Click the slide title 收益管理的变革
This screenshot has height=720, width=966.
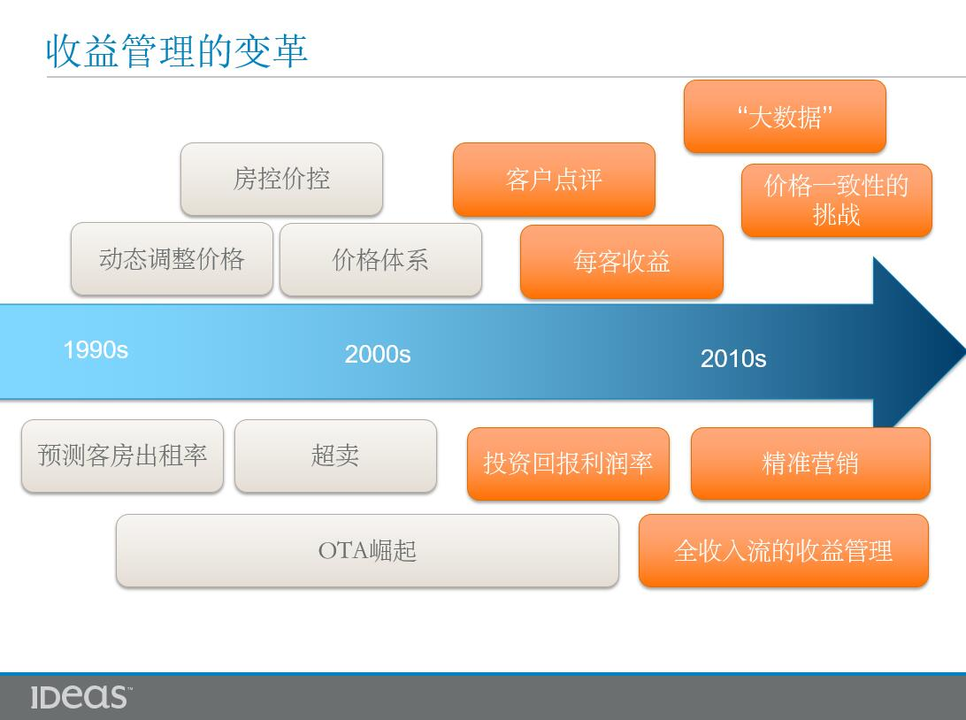point(177,50)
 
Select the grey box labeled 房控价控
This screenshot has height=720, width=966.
point(281,180)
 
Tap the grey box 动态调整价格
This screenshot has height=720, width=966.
point(172,259)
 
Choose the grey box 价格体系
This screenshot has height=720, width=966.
point(380,260)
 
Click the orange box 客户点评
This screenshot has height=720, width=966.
point(554,180)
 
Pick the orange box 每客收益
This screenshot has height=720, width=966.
point(622,262)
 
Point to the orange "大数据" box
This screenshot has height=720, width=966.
point(785,117)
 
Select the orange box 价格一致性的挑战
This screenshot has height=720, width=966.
point(837,200)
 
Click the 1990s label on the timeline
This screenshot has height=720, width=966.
point(96,350)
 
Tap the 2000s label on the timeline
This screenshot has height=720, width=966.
point(378,354)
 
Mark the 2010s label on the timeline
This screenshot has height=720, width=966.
point(733,358)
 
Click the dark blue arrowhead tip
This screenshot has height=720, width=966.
point(964,352)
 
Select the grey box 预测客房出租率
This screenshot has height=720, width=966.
point(123,456)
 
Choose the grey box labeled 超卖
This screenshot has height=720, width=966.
point(336,456)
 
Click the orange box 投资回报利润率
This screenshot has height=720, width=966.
point(568,463)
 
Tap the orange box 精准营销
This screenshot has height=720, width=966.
point(810,463)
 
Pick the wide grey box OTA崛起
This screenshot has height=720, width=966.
point(367,551)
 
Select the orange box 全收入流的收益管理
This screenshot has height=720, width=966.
point(784,551)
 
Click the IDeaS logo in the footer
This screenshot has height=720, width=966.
point(80,697)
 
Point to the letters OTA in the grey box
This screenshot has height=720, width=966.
point(343,551)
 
